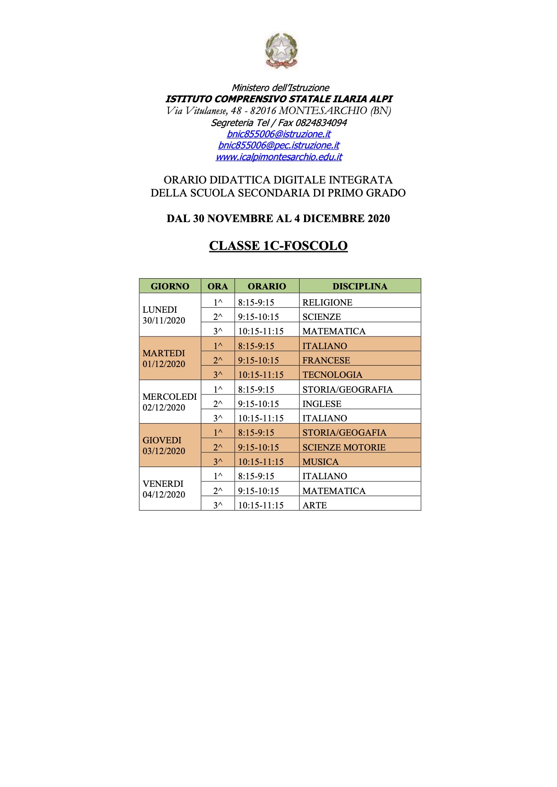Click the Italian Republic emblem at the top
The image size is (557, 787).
(281, 51)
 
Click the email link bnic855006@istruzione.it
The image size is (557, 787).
(278, 134)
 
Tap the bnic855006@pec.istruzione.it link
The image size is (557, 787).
(278, 145)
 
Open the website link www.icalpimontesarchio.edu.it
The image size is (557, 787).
(278, 157)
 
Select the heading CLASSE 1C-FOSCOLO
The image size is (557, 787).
(278, 246)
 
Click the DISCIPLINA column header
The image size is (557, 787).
(360, 286)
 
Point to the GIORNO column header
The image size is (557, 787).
(170, 286)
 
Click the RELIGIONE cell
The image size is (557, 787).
(327, 302)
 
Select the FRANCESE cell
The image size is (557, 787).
(326, 360)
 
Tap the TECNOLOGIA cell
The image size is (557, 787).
(332, 375)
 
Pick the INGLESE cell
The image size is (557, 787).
(322, 404)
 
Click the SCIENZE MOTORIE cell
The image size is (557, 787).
(344, 447)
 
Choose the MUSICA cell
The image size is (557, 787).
(321, 462)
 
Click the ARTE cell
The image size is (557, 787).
(315, 505)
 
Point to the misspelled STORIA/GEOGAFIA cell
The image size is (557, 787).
(345, 433)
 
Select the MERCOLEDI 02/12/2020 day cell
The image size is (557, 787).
(170, 402)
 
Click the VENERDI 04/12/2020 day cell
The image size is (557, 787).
(164, 489)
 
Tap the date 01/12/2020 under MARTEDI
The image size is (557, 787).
(164, 364)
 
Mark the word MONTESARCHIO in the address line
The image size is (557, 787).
(323, 111)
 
